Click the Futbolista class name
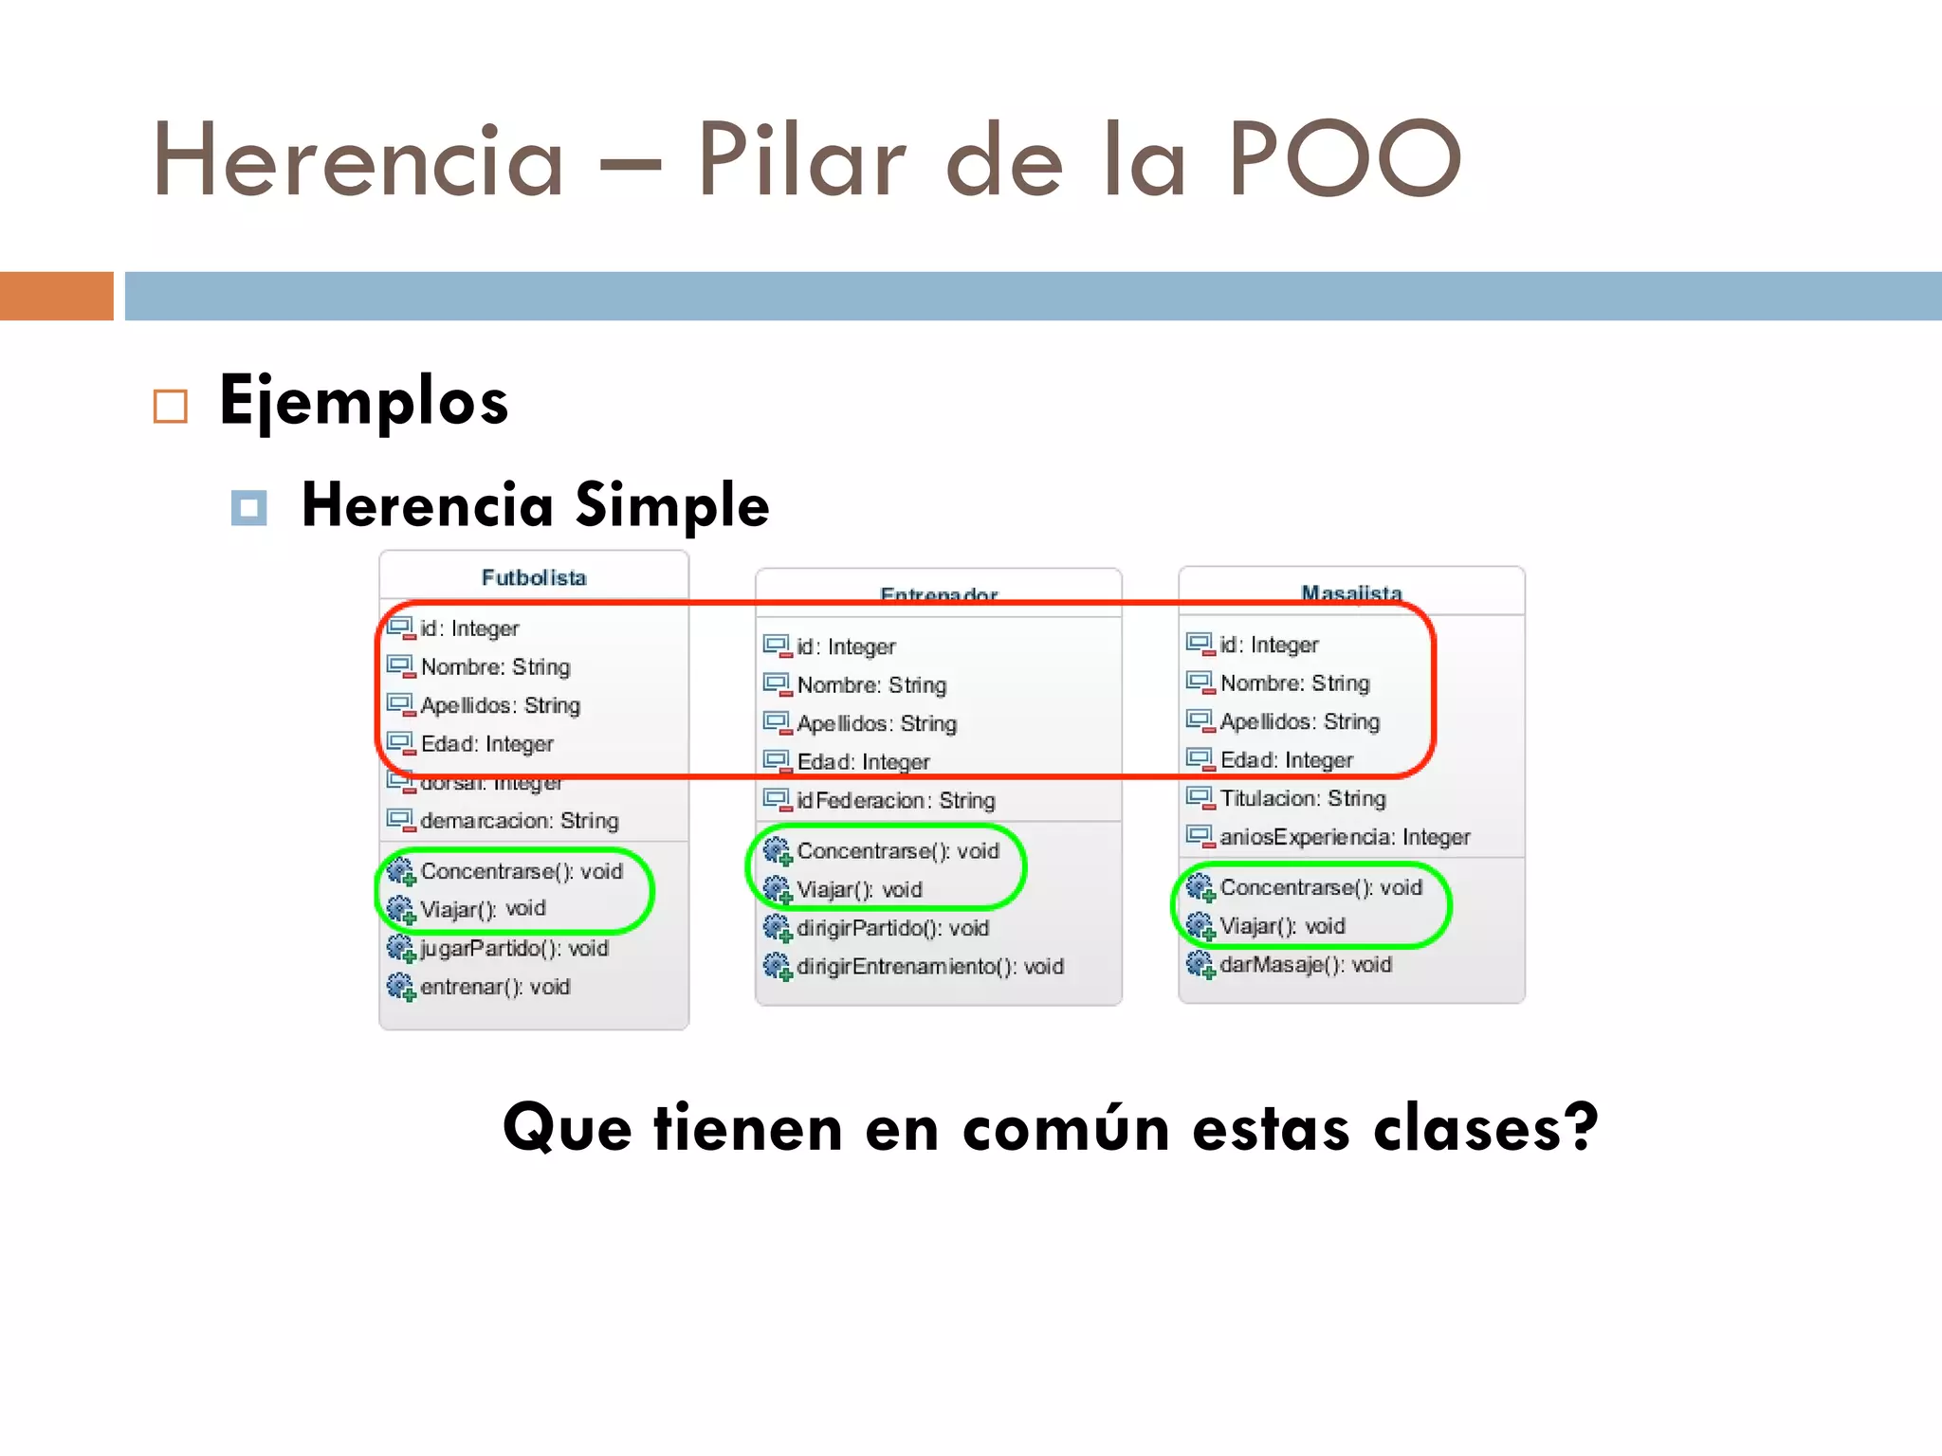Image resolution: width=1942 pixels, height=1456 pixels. pos(534,577)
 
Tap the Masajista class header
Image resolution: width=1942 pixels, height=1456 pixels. pos(1351,592)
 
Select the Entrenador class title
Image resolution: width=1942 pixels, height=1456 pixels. pos(939,594)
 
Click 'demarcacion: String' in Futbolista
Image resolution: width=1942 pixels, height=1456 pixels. pos(519,820)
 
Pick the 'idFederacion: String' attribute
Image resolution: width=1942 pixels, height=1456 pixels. pos(895,800)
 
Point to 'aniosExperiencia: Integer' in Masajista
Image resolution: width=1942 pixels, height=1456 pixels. pos(1344,836)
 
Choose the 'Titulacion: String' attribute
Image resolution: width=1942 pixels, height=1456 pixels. pos(1302,798)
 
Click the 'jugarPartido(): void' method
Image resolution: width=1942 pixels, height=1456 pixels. pos(514,948)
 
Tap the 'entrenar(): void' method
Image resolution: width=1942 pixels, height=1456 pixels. pos(495,987)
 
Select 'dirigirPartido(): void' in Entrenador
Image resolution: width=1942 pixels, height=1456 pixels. pos(892,927)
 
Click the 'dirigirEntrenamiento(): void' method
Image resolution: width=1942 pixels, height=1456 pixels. pos(929,966)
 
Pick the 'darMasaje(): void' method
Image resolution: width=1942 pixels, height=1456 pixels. pos(1305,964)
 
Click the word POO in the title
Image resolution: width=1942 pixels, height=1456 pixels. pos(1345,159)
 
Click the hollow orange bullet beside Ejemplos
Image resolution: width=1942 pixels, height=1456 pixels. pos(171,407)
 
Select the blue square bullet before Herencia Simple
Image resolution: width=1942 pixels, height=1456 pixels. pos(248,508)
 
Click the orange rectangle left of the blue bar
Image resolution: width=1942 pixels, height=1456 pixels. pos(56,296)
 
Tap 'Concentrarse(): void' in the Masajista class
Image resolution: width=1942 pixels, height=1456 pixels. pos(1320,887)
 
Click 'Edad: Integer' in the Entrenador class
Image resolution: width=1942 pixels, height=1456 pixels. pos(863,761)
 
